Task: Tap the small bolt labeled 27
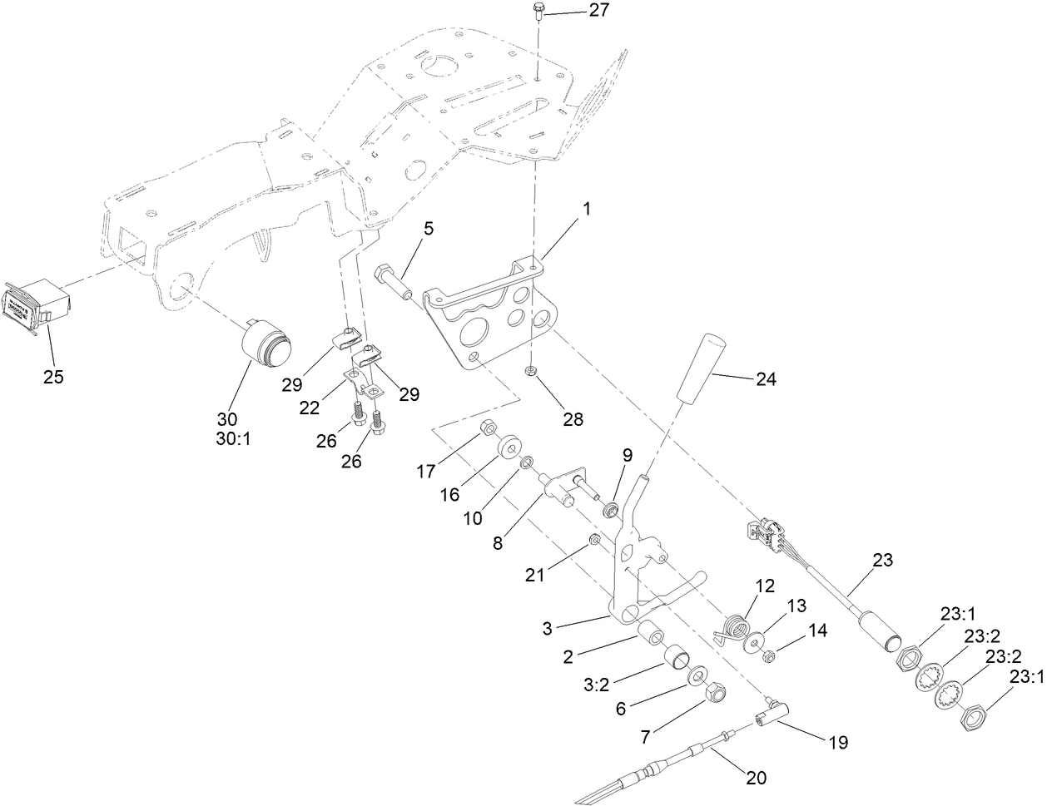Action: pos(538,13)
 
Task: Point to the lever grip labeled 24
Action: pos(698,367)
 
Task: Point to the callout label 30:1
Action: pos(227,436)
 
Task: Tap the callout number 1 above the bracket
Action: pos(587,209)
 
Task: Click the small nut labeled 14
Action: pos(770,656)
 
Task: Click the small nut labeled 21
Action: pos(594,541)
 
